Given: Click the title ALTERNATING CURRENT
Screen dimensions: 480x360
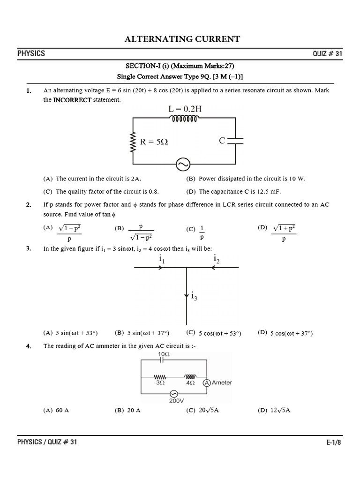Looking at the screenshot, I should [182, 39].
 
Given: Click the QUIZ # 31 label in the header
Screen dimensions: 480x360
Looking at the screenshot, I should [328, 53].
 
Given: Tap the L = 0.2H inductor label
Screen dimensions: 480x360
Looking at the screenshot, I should [185, 109].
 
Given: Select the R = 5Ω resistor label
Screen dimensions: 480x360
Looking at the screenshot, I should [154, 141].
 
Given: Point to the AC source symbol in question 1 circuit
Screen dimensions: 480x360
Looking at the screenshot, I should [182, 165].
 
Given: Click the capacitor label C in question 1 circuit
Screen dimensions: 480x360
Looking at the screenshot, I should [222, 140].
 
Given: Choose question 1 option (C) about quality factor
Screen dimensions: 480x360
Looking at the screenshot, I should [101, 192].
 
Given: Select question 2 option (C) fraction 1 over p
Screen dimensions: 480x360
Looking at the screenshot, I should [197, 232].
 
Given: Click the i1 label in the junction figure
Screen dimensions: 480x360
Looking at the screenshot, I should [161, 259].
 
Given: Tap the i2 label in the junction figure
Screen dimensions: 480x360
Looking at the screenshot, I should [216, 259].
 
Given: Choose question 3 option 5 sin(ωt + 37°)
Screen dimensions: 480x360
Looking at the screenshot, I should [142, 333].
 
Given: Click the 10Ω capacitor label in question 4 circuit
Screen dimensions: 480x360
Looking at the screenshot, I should [164, 354].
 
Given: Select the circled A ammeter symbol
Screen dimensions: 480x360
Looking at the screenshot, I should [206, 382].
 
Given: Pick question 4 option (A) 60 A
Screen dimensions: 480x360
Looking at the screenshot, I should [56, 410].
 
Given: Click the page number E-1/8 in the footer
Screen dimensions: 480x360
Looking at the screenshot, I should [334, 442].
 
